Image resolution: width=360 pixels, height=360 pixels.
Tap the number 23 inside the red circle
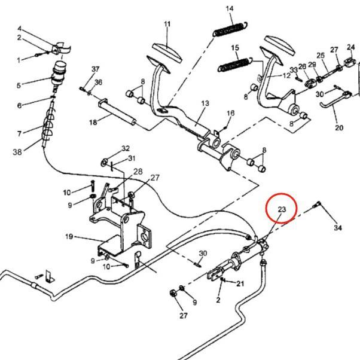pyautogui.click(x=282, y=209)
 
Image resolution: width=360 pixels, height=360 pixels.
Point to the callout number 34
pyautogui.click(x=338, y=228)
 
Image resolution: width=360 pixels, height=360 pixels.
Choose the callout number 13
pyautogui.click(x=205, y=103)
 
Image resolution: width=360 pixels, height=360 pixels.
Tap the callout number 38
pyautogui.click(x=17, y=152)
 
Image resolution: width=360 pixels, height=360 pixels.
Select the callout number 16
pyautogui.click(x=231, y=112)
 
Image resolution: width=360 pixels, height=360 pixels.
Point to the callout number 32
pyautogui.click(x=125, y=148)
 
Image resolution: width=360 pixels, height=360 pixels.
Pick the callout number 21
pyautogui.click(x=240, y=283)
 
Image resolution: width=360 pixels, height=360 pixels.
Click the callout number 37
pyautogui.click(x=95, y=69)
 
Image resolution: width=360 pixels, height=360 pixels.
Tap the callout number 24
pyautogui.click(x=350, y=50)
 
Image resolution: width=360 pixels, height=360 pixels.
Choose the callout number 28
pyautogui.click(x=138, y=172)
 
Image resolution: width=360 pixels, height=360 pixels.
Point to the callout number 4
pyautogui.click(x=20, y=29)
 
